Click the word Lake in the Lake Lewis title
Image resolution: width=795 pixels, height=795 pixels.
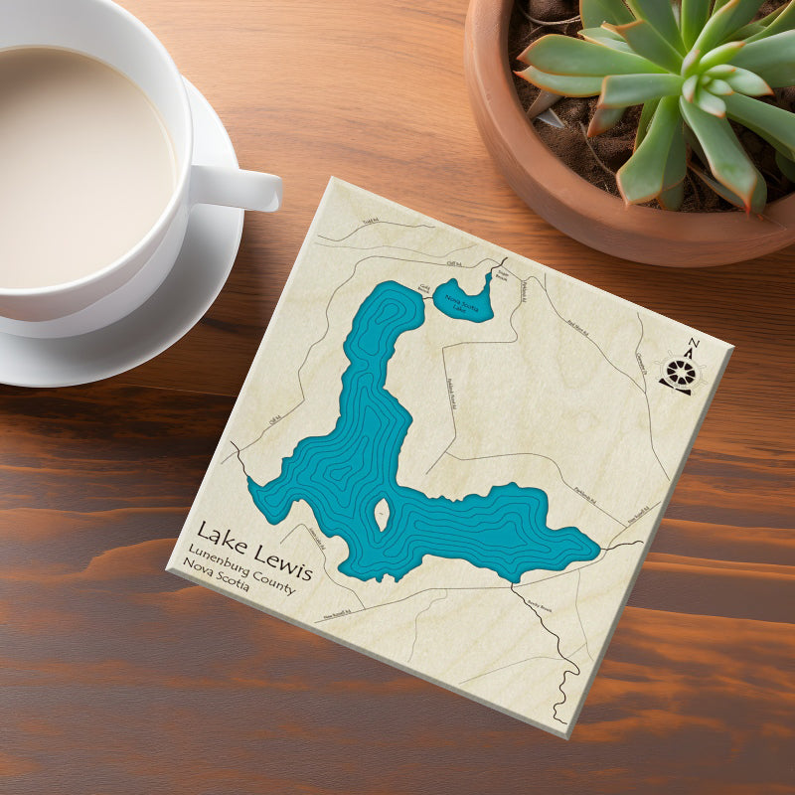[217, 536]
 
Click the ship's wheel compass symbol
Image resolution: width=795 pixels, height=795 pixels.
[681, 372]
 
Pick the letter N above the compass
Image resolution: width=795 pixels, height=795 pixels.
[693, 344]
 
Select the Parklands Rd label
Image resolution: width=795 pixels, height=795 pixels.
[586, 492]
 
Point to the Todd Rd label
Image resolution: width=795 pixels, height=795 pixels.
[371, 225]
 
